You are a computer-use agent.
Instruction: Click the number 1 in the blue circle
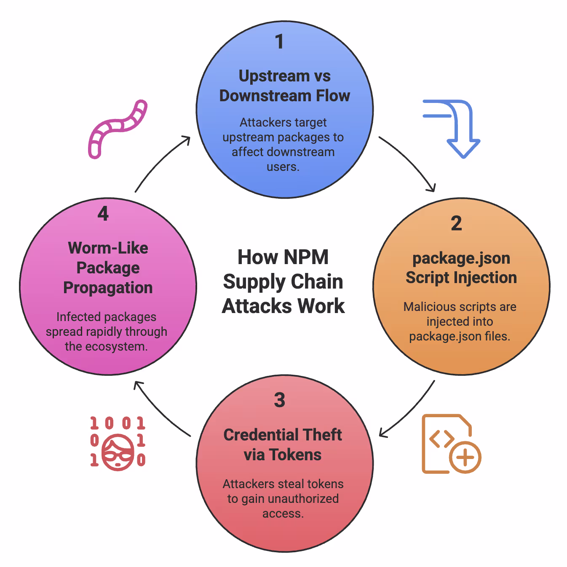(x=279, y=42)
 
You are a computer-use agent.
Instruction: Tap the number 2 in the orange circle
(x=456, y=223)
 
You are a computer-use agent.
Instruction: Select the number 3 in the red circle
(x=279, y=400)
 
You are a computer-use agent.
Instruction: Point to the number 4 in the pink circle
(x=103, y=213)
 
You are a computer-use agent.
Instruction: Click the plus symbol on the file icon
(x=465, y=458)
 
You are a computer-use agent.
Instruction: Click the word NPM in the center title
(x=306, y=257)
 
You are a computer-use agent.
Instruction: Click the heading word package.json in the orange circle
(x=461, y=258)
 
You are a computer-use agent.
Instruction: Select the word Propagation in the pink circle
(x=108, y=288)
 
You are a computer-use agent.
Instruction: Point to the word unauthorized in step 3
(x=303, y=499)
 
